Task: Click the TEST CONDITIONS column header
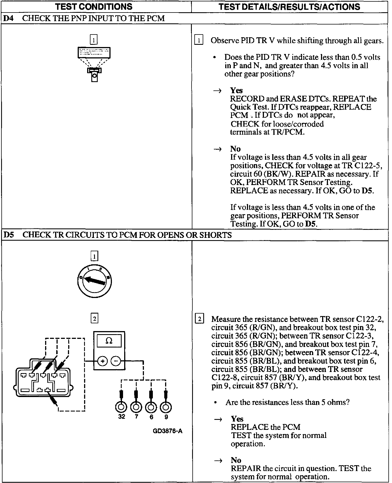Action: (94, 6)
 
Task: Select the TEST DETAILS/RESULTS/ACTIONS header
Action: (289, 6)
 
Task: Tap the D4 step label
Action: (8, 18)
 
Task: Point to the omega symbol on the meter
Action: (109, 341)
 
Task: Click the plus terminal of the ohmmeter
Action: (102, 361)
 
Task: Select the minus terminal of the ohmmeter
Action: (116, 361)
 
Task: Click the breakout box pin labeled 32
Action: (121, 407)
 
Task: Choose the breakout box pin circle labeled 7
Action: (136, 407)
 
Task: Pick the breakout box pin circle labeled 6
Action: (151, 407)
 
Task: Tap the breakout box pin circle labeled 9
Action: (166, 407)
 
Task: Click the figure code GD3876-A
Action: (168, 431)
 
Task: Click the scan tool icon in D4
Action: (94, 64)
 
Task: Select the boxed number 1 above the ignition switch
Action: (94, 256)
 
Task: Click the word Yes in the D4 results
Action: (236, 90)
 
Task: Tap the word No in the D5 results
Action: (236, 460)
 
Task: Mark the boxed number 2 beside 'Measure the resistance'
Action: (199, 319)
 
